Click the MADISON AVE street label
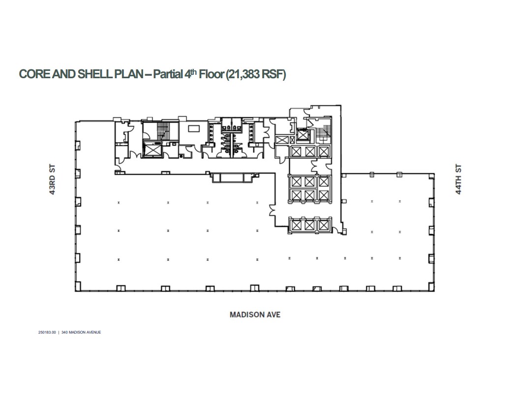point(255,314)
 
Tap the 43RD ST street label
point(52,181)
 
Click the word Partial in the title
point(169,75)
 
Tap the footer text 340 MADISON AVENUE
point(81,332)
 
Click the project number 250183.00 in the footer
point(47,332)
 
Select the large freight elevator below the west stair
point(152,149)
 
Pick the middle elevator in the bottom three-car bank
point(310,225)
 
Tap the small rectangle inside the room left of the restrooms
point(194,128)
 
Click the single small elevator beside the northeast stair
point(303,134)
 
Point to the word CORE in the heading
point(35,75)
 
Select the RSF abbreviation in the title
point(273,75)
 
